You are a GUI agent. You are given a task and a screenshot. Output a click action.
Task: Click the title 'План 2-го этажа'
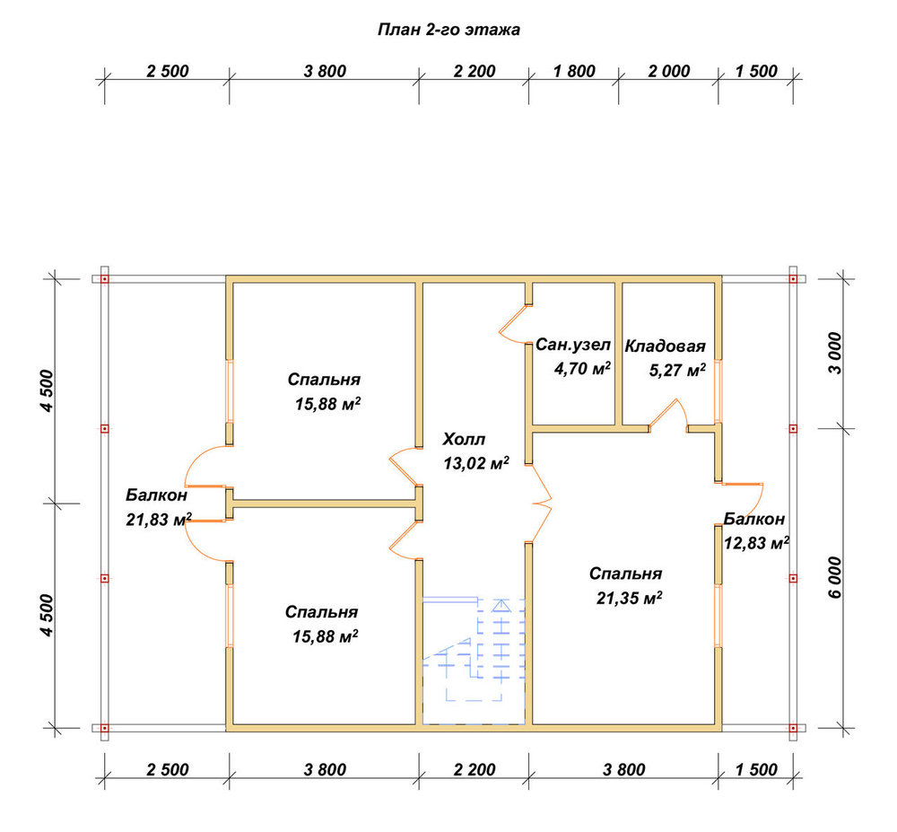(x=448, y=30)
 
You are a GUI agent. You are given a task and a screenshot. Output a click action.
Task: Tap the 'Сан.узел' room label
(x=572, y=345)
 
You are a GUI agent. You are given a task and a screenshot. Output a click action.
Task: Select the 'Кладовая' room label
(x=665, y=346)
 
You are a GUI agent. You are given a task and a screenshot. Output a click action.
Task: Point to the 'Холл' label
(x=464, y=440)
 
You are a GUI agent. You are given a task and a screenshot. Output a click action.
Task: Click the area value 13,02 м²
(x=476, y=463)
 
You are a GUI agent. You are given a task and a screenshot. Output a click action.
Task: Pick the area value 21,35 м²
(x=630, y=598)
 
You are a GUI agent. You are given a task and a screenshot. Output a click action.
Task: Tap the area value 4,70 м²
(x=582, y=369)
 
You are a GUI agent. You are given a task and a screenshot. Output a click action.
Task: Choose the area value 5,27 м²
(x=677, y=370)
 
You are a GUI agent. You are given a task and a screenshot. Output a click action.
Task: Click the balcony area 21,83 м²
(x=159, y=520)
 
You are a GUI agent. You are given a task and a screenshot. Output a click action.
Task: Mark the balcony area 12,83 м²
(x=757, y=542)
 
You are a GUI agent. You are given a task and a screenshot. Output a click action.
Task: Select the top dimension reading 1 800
(x=574, y=72)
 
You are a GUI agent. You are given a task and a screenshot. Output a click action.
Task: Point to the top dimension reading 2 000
(x=669, y=72)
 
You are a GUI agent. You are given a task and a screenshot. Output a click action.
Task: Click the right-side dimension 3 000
(x=835, y=353)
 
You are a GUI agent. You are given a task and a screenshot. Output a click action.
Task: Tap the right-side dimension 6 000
(x=835, y=577)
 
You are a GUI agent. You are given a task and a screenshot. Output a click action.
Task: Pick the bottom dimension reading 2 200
(x=475, y=770)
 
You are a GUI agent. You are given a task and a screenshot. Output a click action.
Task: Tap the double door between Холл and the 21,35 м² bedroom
(x=541, y=504)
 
